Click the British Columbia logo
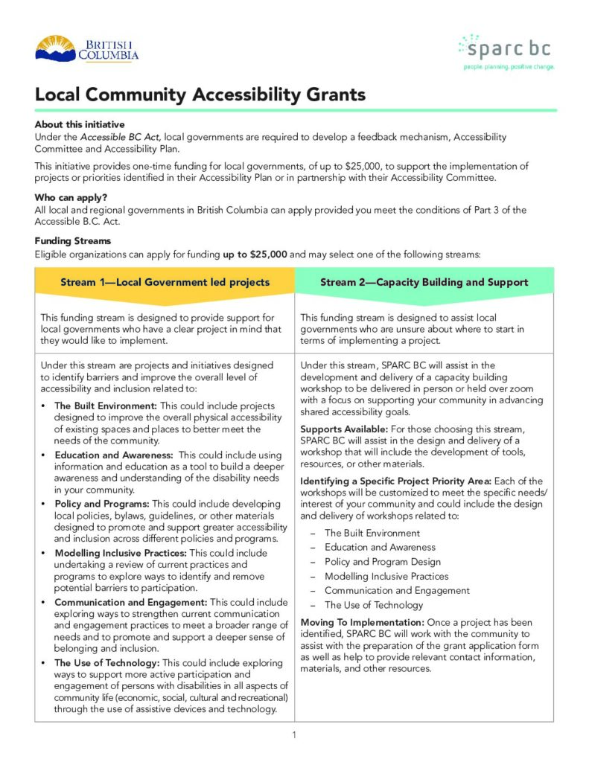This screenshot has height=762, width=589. tap(86, 48)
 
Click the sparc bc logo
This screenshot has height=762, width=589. tap(506, 48)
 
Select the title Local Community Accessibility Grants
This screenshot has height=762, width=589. tap(200, 95)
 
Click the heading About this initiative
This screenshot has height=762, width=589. tap(80, 125)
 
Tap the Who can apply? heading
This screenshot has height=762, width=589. tap(72, 198)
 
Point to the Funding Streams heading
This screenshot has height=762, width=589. tap(73, 241)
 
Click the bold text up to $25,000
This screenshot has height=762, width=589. tap(255, 254)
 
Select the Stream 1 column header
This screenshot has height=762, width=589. tap(165, 282)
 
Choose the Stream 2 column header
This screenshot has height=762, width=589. tap(424, 282)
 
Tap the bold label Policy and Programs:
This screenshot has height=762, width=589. tap(102, 504)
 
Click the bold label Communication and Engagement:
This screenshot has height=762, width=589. tap(131, 602)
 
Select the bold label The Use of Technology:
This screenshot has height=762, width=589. tap(107, 662)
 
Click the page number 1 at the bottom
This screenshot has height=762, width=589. tap(294, 735)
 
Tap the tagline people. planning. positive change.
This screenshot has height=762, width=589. tap(509, 67)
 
